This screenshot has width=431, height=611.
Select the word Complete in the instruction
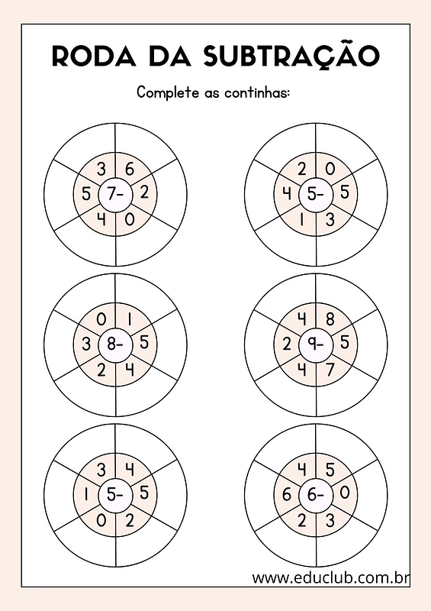pos(167,92)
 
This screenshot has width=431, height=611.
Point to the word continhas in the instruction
pos(257,92)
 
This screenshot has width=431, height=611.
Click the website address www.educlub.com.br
pos(330,577)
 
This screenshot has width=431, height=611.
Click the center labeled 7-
pos(115,194)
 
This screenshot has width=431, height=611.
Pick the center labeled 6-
pos(316,495)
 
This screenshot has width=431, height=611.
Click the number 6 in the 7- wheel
pos(130,169)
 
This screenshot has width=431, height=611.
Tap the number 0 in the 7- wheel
pos(130,220)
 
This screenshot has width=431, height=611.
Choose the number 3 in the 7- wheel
pos(101,169)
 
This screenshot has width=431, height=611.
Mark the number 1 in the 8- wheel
pos(130,319)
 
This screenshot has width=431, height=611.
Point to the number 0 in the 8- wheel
pos(101,319)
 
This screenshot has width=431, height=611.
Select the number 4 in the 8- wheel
pos(130,370)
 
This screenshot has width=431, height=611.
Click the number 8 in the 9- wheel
pos(330,319)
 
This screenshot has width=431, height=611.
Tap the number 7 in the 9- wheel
pos(330,370)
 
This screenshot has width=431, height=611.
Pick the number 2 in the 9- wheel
pos(287,344)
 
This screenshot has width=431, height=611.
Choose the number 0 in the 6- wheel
pos(345,493)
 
